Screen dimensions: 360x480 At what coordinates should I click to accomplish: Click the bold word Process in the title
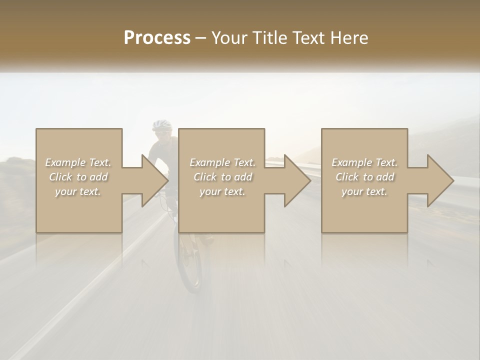tap(157, 38)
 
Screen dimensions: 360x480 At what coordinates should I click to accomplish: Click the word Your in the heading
tap(230, 38)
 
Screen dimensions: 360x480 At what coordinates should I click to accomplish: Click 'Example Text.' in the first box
tap(78, 162)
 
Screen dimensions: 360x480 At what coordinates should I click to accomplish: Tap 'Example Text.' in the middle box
tap(222, 162)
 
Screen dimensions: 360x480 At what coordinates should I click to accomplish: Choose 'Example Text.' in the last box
tap(364, 162)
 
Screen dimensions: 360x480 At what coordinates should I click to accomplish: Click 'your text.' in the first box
tap(78, 191)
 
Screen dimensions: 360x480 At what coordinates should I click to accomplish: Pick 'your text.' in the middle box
tap(222, 191)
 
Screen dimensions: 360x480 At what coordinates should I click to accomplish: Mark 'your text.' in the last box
tap(364, 191)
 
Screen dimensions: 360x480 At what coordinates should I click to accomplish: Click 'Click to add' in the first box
tap(78, 177)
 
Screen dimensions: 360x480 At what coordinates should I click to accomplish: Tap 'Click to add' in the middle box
tap(222, 177)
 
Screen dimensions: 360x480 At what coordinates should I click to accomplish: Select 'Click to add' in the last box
tap(364, 177)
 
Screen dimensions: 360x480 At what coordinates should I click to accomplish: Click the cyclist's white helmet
tap(161, 124)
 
